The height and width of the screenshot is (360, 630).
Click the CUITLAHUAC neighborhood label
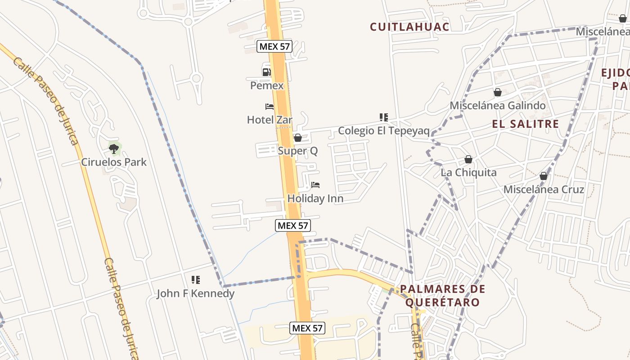[409, 27]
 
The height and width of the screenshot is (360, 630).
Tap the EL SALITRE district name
[525, 124]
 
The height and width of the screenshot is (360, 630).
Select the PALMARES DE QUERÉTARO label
[442, 295]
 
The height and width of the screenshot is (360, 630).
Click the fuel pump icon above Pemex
[267, 72]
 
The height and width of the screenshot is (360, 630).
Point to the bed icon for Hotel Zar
[270, 107]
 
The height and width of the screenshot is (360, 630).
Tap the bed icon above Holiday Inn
[315, 185]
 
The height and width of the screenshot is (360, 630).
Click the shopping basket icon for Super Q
[297, 138]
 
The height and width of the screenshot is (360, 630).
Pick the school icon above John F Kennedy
[195, 280]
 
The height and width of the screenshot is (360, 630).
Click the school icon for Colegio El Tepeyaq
[383, 117]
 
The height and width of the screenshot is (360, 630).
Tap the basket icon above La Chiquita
[468, 159]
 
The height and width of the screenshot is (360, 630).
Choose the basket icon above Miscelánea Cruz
[544, 176]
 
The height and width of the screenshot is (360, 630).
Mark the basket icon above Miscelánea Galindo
[498, 92]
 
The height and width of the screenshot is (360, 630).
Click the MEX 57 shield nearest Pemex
[274, 46]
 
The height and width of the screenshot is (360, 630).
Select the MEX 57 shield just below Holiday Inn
[293, 225]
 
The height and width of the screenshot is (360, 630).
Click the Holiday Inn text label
[315, 198]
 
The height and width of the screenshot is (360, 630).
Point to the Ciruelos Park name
[114, 162]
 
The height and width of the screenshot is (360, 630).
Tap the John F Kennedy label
[195, 294]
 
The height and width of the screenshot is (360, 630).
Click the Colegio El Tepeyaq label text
[383, 131]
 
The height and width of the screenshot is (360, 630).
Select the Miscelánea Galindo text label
[498, 106]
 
